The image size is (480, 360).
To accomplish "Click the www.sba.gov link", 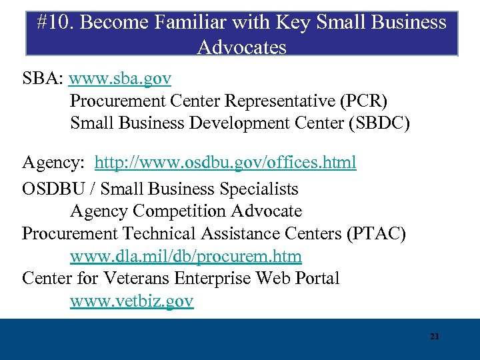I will (x=120, y=79).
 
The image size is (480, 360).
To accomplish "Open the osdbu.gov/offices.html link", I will (x=225, y=162).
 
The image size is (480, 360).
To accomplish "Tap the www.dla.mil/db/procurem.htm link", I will (x=185, y=256).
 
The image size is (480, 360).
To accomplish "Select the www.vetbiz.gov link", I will (x=131, y=301).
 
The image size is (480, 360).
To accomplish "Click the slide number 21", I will (x=435, y=337).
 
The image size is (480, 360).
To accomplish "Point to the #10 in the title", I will (x=50, y=23).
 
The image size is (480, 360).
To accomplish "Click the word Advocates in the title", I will (x=242, y=47).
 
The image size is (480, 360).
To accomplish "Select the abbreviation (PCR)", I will (x=363, y=101).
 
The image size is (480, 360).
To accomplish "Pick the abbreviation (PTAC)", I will (x=379, y=233).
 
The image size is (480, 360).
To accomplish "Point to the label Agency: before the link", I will (x=55, y=162).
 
